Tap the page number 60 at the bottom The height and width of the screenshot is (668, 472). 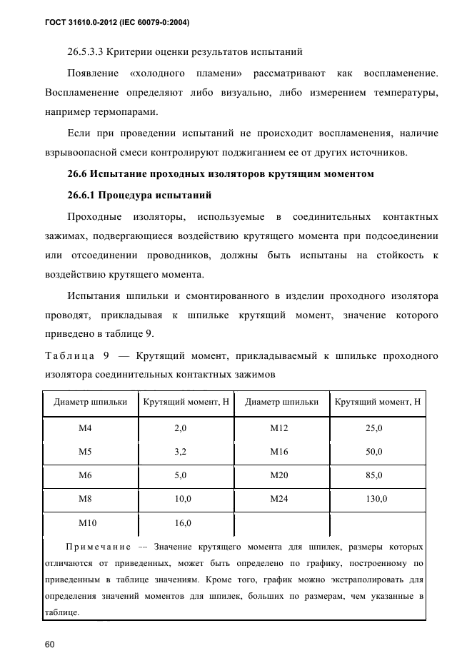(50, 644)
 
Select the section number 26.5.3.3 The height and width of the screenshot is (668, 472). (86, 52)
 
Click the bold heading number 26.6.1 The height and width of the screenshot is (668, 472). (81, 195)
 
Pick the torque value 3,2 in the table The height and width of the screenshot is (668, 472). (180, 452)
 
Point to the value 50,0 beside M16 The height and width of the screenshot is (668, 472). (374, 452)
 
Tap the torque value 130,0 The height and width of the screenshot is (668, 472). (376, 499)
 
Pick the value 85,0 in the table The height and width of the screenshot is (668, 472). (374, 475)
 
